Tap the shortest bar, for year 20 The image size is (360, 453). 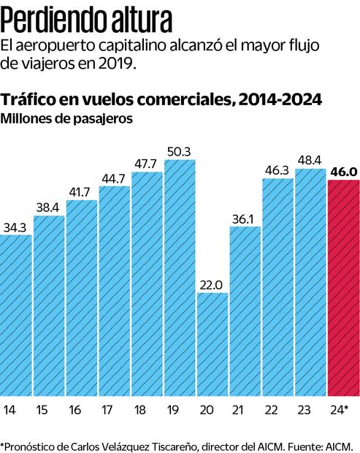(x=212, y=344)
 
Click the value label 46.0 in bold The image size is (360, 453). (x=343, y=171)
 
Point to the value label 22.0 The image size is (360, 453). (x=212, y=285)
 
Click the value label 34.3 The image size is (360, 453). (x=15, y=226)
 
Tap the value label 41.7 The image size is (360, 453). (x=81, y=192)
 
